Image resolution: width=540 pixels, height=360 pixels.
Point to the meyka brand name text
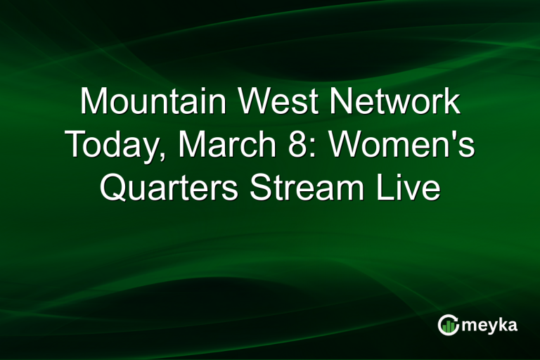click(x=489, y=325)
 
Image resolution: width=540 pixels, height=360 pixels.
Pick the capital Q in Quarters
click(x=114, y=188)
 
